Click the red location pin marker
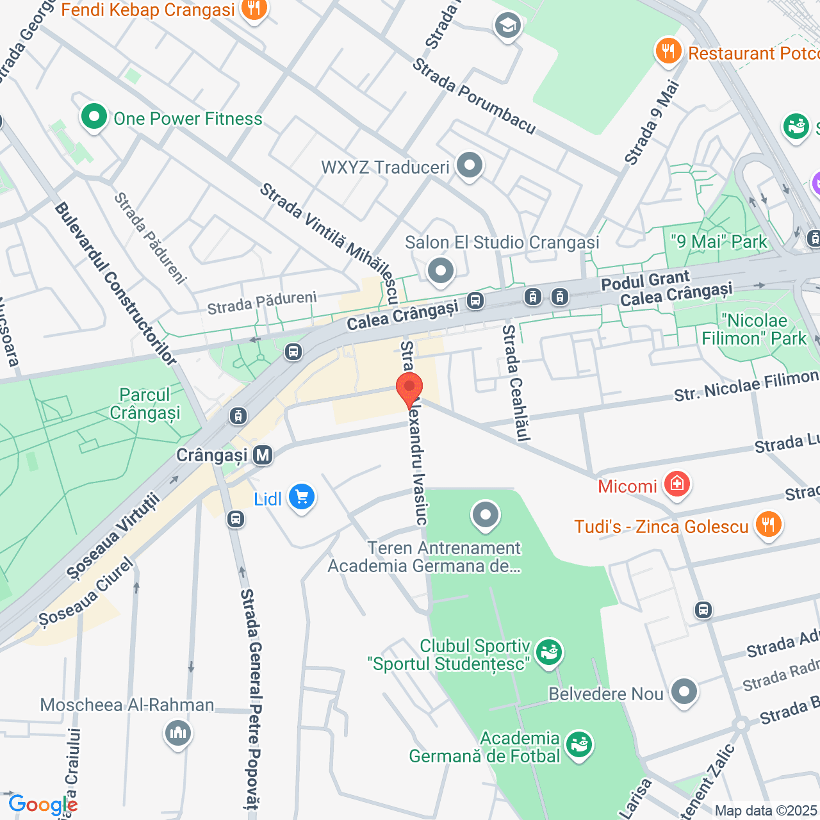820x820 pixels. click(409, 388)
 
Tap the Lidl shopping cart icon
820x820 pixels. click(301, 498)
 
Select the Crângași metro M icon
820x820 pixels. click(263, 455)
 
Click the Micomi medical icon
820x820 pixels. click(676, 484)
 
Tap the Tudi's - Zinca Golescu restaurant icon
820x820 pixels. click(767, 525)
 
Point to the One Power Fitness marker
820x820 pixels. click(94, 117)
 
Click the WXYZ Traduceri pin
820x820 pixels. click(470, 166)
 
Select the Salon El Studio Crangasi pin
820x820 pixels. click(440, 270)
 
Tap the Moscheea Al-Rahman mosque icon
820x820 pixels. click(177, 732)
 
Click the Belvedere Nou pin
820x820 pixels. click(684, 693)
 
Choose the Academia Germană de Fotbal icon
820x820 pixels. click(579, 746)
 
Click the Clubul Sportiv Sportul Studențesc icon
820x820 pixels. click(548, 653)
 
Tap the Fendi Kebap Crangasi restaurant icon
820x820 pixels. click(254, 10)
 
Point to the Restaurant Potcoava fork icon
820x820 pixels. click(668, 51)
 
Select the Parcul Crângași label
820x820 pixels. click(145, 404)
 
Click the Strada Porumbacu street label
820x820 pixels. click(473, 97)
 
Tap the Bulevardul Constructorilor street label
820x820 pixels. click(115, 284)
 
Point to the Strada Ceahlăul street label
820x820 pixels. click(516, 382)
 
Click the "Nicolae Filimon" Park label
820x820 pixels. click(754, 329)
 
